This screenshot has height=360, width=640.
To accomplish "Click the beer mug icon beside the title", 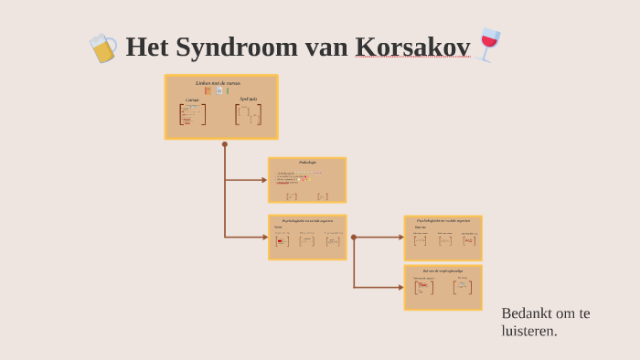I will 102,48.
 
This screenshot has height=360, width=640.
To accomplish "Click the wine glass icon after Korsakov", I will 489,45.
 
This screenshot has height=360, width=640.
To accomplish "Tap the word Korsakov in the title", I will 413,47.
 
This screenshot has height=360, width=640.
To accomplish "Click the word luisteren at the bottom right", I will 529,331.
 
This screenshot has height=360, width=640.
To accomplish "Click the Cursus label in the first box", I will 192,100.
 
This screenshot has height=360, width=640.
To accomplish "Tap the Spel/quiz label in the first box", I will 248,99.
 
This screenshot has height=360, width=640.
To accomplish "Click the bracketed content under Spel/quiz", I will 248,114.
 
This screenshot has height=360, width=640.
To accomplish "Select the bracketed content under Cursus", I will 192,115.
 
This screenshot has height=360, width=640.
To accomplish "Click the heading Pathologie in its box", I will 307,163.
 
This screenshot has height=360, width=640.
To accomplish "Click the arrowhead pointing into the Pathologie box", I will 264,180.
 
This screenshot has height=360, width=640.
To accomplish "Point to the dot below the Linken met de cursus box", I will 225,144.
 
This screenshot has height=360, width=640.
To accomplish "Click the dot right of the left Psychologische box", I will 354,238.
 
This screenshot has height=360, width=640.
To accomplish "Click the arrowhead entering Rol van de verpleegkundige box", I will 400,288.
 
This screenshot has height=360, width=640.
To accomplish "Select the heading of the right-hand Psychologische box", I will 443,220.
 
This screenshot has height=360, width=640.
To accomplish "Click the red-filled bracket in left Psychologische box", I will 282,241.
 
